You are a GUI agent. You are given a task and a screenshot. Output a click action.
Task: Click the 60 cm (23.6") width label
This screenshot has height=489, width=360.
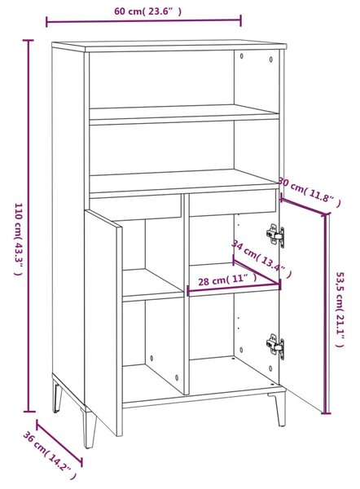[147, 11]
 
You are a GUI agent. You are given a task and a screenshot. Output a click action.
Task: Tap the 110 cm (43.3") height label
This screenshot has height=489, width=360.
[19, 239]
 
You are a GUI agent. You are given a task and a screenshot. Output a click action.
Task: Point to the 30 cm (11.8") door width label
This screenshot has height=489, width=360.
[310, 192]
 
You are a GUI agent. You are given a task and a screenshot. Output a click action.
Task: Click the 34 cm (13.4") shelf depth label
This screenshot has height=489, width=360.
[261, 258]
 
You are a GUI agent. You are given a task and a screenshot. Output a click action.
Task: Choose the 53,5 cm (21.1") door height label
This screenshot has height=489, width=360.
[340, 309]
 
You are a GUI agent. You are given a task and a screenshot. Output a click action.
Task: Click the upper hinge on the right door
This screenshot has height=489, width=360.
[275, 236]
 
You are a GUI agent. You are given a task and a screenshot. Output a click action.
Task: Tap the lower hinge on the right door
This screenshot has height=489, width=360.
[275, 346]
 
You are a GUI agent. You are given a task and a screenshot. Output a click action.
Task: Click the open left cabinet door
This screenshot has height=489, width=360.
[103, 323]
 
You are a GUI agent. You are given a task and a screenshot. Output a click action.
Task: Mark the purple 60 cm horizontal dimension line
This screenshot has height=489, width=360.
[143, 21]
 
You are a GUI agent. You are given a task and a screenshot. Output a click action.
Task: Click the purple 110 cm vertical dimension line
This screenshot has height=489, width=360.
[29, 226]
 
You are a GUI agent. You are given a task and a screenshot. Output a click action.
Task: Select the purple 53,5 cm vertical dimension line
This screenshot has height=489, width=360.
[327, 314]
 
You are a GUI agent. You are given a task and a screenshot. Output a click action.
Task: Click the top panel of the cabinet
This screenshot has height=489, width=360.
[169, 46]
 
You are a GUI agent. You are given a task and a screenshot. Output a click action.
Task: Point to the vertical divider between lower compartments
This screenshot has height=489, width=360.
[186, 294]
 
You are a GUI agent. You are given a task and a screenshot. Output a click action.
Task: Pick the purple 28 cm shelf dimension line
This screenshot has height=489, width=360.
[234, 289]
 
